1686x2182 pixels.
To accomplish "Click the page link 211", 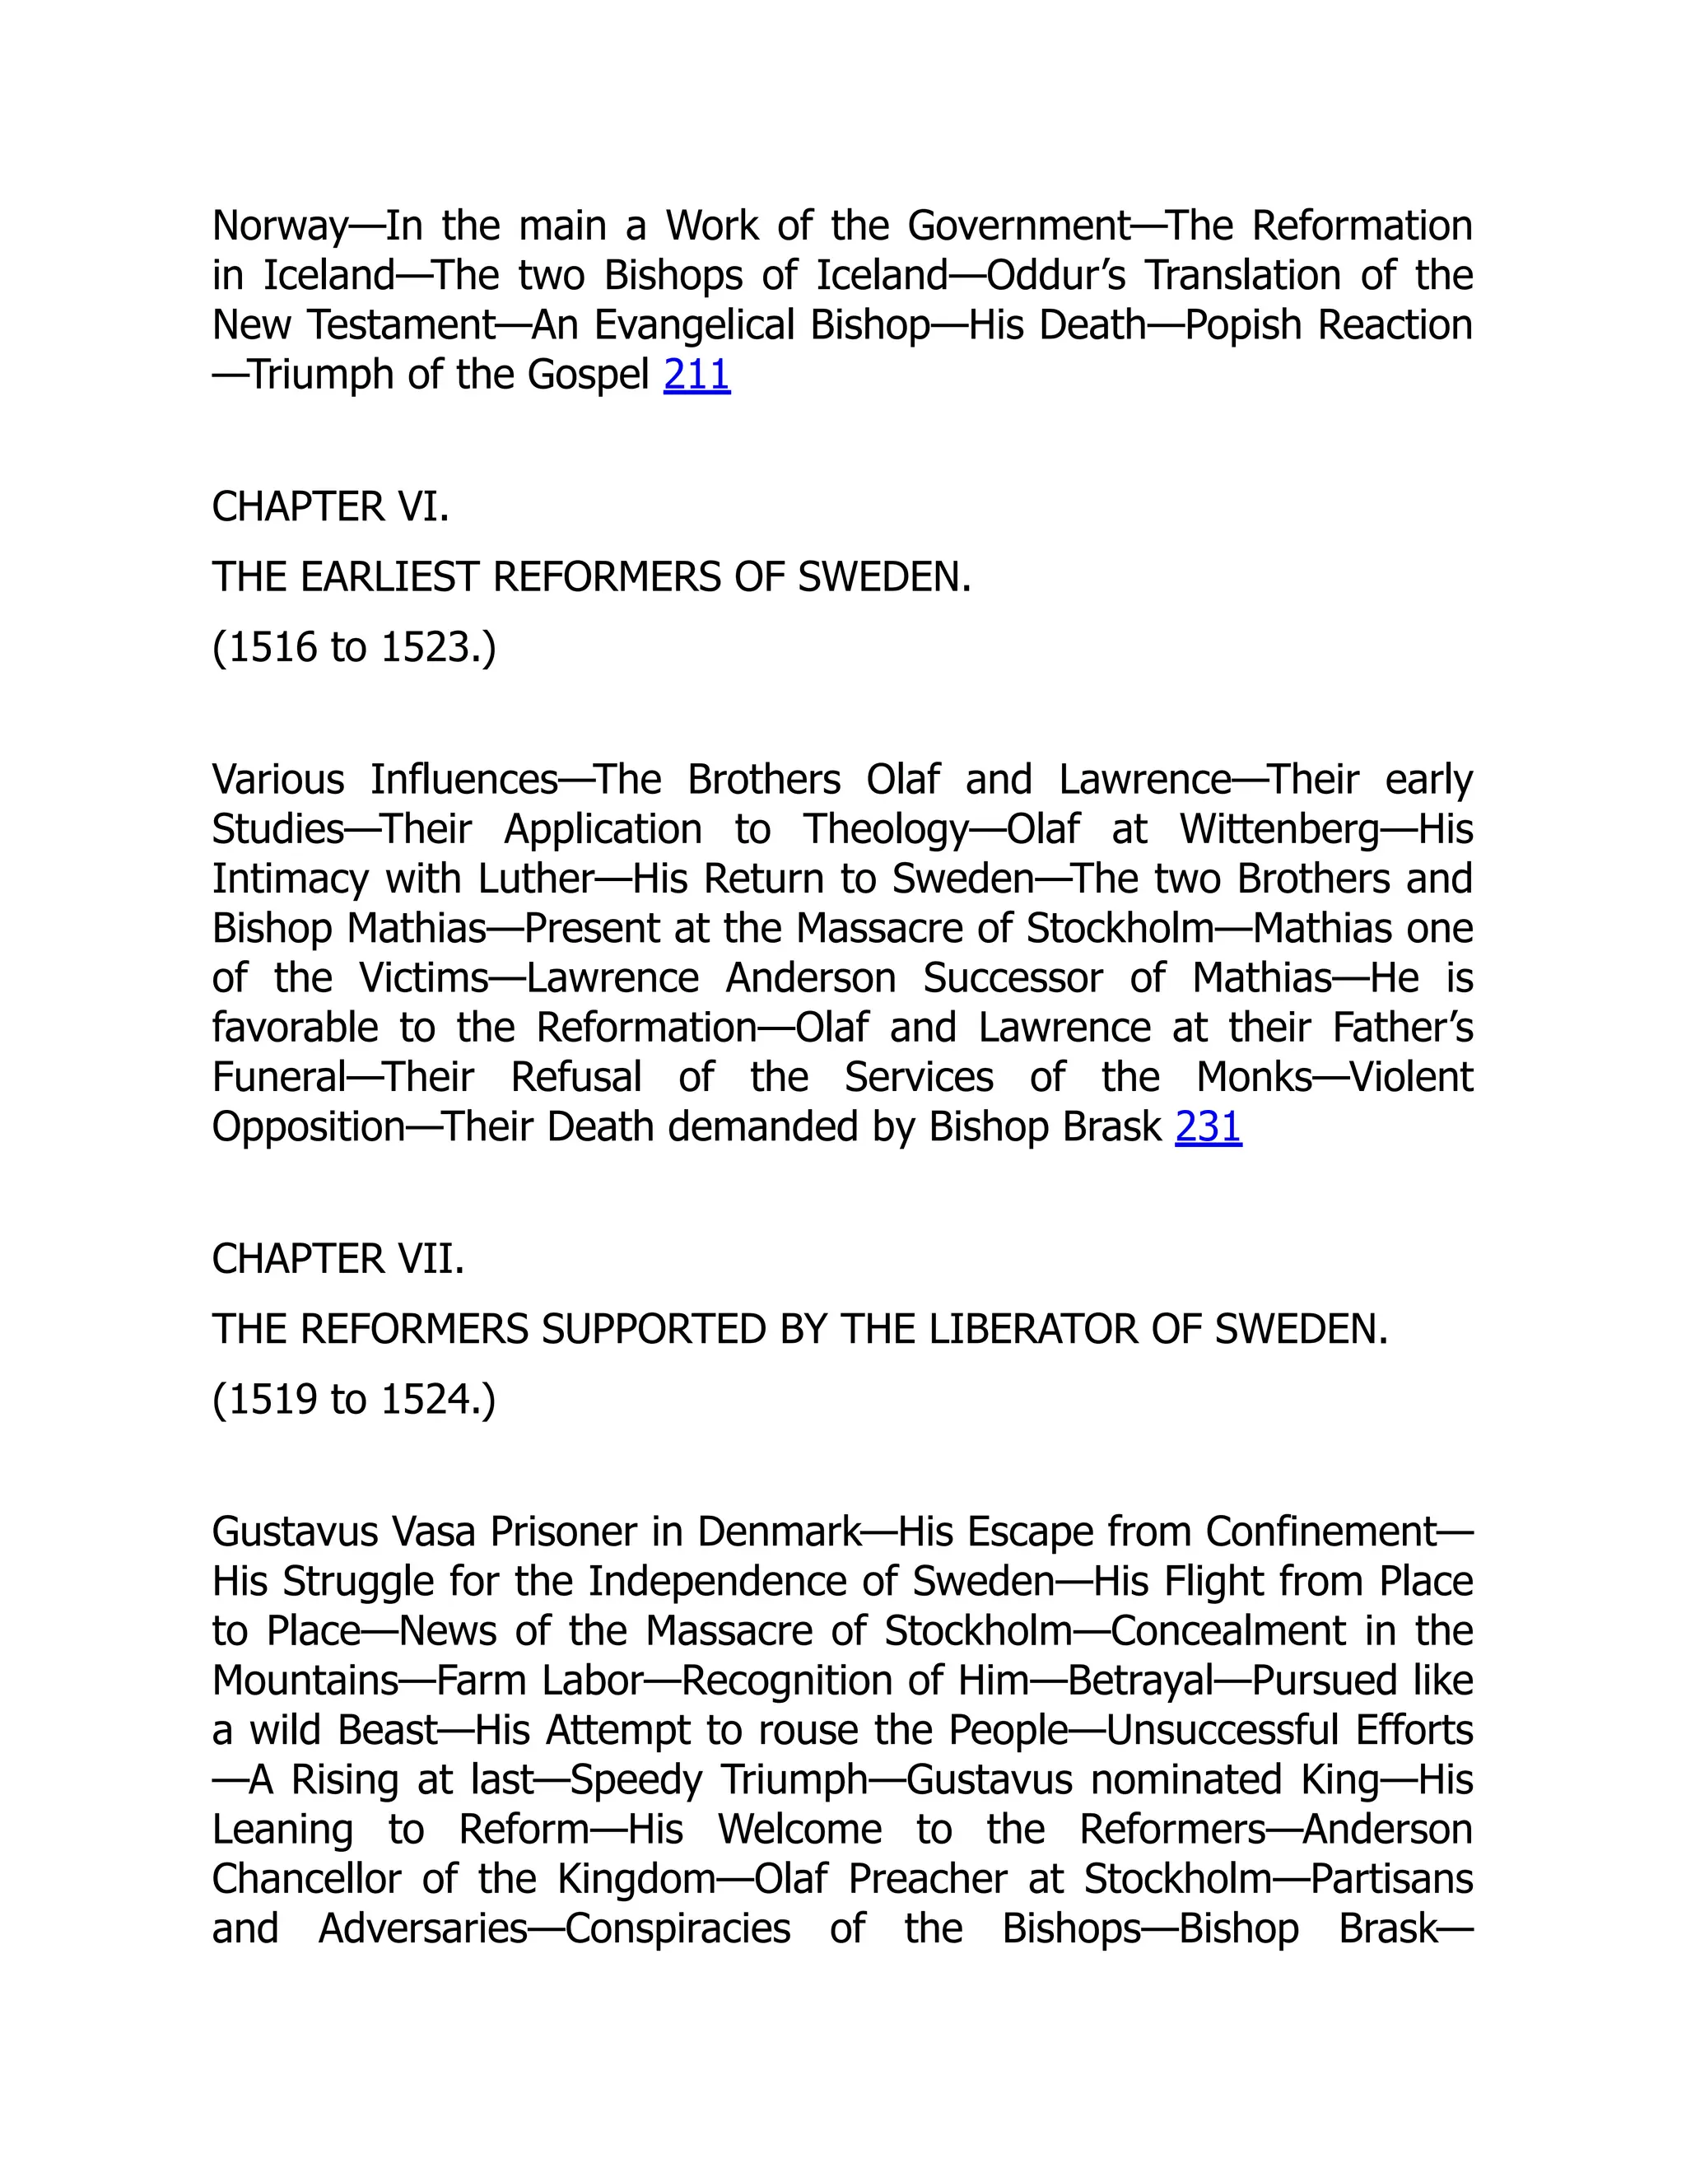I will pos(696,375).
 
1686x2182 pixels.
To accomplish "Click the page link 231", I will pos(1208,1127).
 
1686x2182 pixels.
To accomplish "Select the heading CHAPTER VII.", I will pos(338,1259).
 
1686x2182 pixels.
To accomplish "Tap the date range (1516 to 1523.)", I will pos(353,647).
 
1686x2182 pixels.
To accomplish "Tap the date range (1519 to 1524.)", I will pos(353,1399).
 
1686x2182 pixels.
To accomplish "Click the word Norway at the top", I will pos(280,226).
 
